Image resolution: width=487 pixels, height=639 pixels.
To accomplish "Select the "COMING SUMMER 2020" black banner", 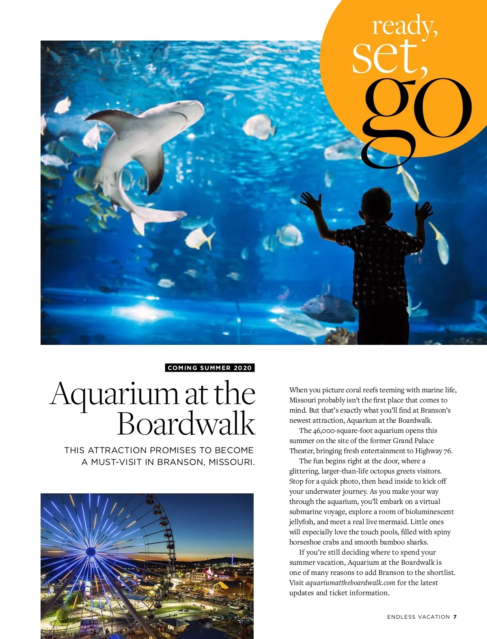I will [x=210, y=368].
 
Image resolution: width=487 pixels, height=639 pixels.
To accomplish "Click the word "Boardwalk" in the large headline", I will [x=186, y=424].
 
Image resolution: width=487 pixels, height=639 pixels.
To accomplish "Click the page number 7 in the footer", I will [x=455, y=617].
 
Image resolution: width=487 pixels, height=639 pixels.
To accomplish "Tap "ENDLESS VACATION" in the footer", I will [x=418, y=617].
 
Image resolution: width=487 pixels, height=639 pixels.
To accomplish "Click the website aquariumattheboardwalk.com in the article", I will [x=350, y=583].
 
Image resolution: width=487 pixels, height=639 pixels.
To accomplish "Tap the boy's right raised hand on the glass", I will [x=424, y=211].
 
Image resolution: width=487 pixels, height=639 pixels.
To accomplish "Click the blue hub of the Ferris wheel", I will [x=91, y=551].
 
